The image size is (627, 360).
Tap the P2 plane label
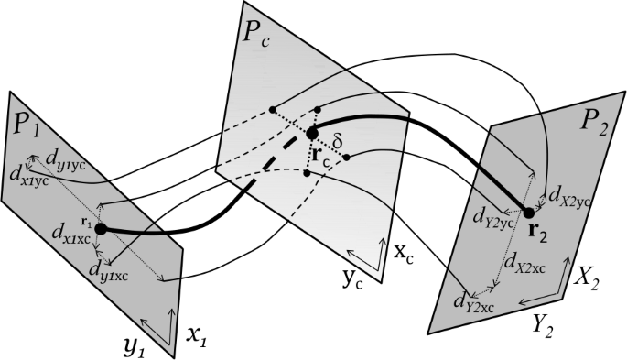tap(594, 125)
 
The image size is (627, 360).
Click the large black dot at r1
tap(100, 229)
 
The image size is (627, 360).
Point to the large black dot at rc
tap(312, 134)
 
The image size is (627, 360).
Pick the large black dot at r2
tap(529, 213)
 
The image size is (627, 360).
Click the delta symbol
tap(338, 142)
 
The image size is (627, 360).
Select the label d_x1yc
tap(29, 178)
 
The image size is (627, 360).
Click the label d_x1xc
tap(72, 233)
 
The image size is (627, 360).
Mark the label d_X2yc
tap(569, 196)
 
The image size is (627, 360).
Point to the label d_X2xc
tap(525, 263)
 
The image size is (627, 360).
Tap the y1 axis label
tap(135, 349)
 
